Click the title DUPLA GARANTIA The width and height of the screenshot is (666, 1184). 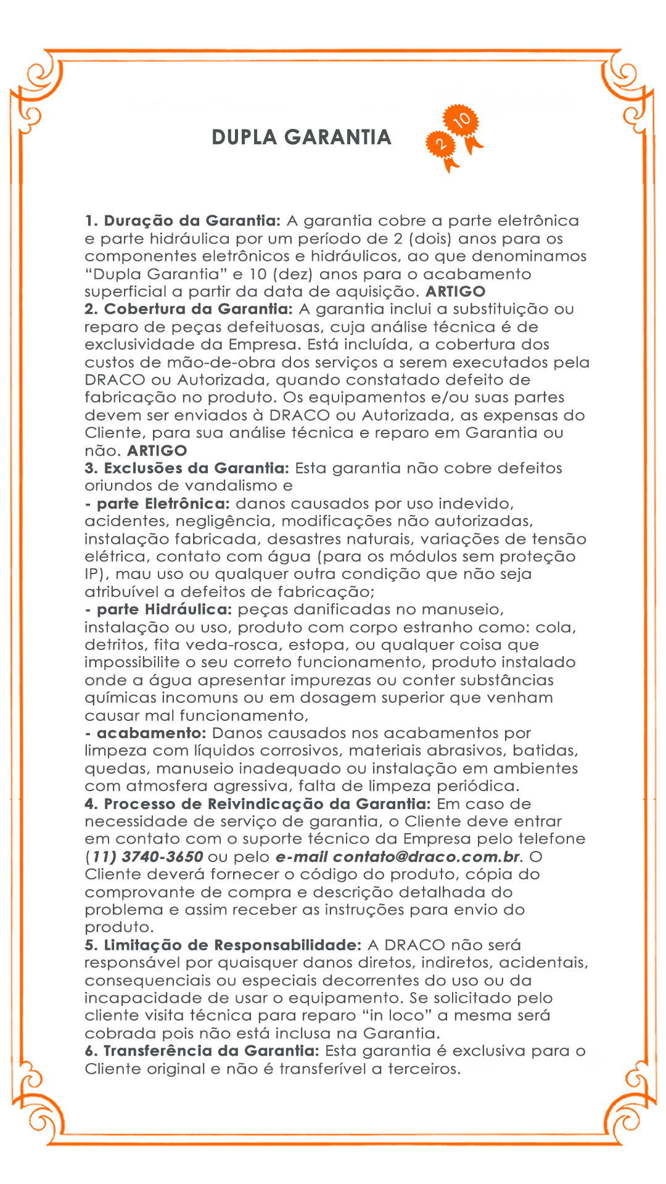302,137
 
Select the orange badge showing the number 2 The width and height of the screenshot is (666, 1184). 440,144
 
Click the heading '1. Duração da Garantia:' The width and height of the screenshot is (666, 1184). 183,221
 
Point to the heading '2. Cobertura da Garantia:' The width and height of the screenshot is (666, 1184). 189,309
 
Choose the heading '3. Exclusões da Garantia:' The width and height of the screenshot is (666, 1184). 187,468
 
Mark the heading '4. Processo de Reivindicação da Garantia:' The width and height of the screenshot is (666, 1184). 258,804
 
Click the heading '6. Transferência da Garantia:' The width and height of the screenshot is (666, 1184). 202,1051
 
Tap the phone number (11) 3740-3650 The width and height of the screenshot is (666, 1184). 144,857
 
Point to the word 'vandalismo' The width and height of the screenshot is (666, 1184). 232,486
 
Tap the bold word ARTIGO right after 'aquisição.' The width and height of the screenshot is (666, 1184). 456,292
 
